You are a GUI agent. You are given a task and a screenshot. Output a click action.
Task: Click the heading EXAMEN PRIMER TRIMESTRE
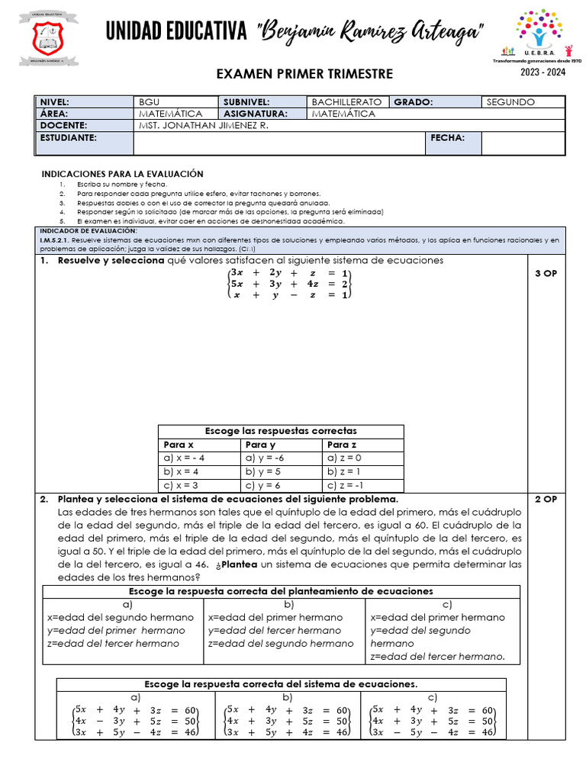[304, 74]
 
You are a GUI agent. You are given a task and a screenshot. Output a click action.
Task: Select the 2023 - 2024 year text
[543, 72]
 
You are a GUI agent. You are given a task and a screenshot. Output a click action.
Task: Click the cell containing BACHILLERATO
[346, 102]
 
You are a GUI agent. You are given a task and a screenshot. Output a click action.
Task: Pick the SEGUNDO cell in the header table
[510, 102]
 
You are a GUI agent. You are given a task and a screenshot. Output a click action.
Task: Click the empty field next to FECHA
[523, 143]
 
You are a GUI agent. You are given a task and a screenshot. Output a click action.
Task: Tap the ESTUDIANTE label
[69, 137]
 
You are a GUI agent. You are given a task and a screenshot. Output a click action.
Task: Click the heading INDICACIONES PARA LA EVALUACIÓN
[122, 174]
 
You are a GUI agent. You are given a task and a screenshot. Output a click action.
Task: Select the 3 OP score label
[546, 273]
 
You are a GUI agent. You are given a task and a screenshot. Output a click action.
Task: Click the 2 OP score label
[546, 499]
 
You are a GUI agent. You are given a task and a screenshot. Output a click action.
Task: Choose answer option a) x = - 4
[185, 458]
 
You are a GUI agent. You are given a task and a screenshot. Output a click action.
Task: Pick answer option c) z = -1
[345, 485]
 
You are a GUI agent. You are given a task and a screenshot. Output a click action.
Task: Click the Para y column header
[261, 444]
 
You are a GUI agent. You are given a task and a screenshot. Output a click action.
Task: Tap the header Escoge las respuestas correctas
[281, 431]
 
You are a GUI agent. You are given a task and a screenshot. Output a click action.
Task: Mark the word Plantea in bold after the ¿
[240, 564]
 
